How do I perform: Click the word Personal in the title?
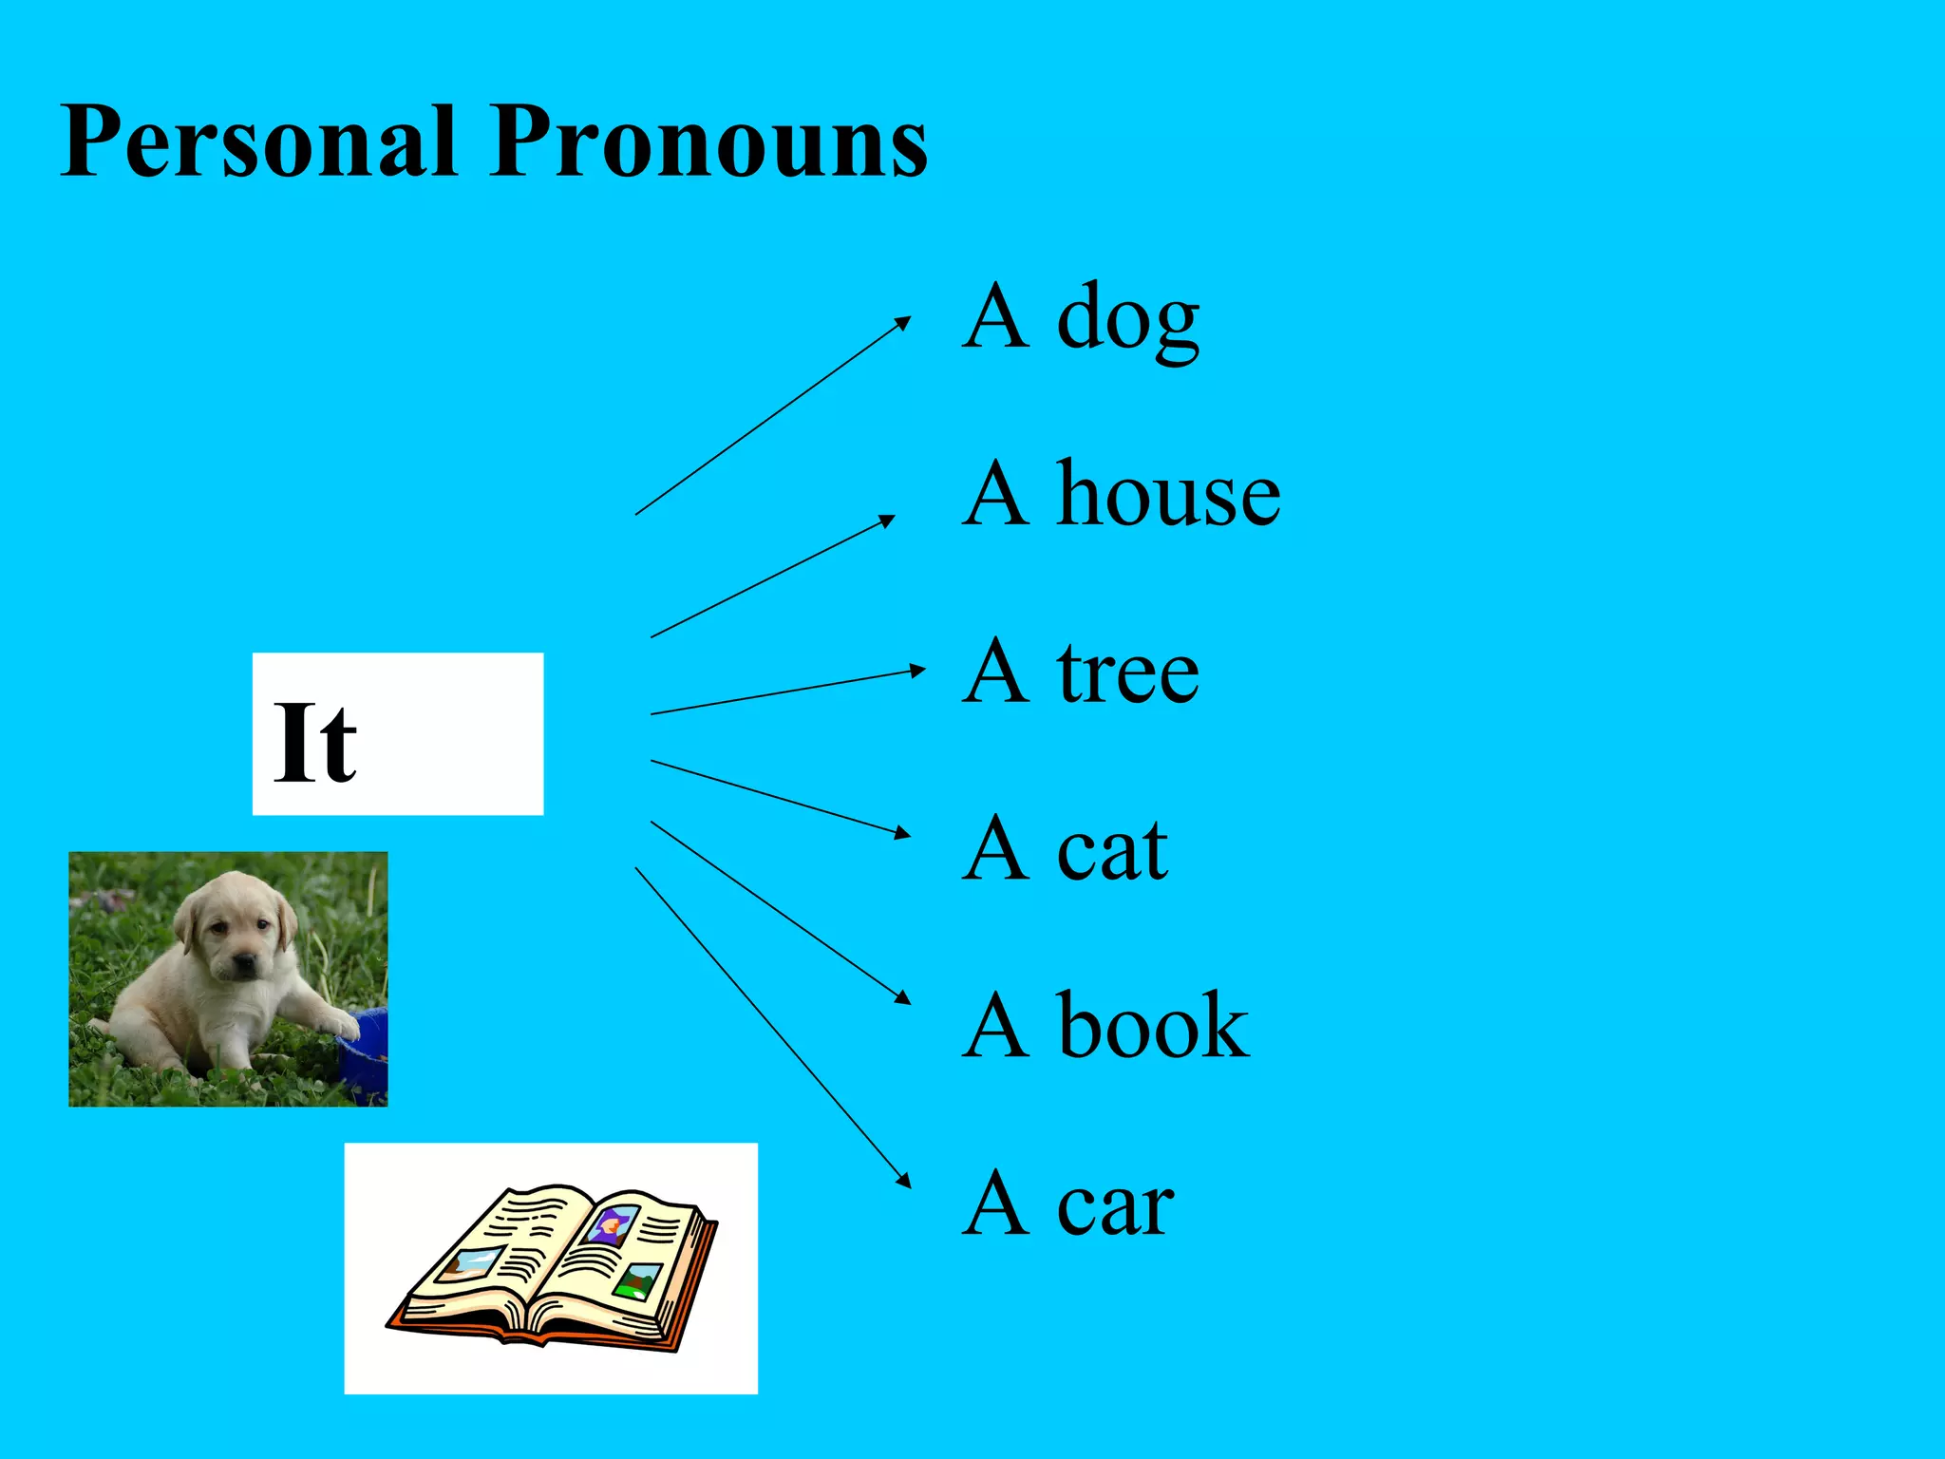257,142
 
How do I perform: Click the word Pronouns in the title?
708,142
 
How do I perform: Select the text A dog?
1081,318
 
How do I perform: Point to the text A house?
1121,494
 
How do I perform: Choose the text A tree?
1081,672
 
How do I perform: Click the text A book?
1105,1026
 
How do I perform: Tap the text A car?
1068,1203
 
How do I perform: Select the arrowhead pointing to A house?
888,520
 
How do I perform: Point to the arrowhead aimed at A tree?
917,671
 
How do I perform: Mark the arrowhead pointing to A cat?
903,834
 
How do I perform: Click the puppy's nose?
244,964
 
